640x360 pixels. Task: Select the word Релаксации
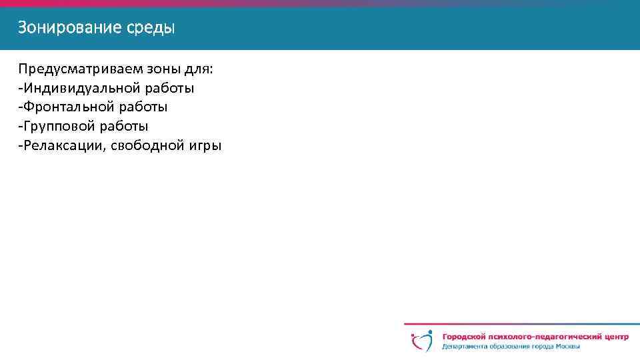[x=63, y=145]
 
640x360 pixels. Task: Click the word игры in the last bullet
[x=205, y=145]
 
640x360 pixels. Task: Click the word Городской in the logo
[x=464, y=337]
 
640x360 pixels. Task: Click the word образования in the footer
[x=513, y=347]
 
